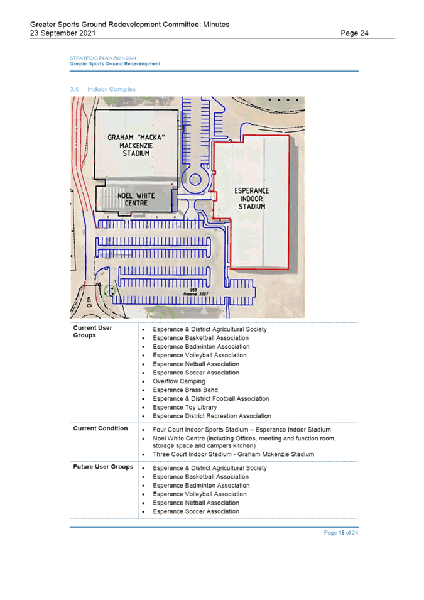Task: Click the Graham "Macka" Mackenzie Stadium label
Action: coord(136,145)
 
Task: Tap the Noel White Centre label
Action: coord(136,199)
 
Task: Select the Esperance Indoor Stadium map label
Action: coord(252,199)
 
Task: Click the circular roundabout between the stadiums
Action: coord(195,179)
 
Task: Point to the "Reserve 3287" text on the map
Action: coord(196,294)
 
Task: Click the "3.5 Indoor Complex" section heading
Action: coord(103,89)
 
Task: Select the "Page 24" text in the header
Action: coord(354,33)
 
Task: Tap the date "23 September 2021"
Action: coord(63,33)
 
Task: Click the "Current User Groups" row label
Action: coord(92,331)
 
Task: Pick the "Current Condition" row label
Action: coord(101,428)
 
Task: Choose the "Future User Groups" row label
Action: coord(103,466)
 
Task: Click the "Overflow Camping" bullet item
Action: coord(178,381)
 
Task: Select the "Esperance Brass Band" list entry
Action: coord(185,390)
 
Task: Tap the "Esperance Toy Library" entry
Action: coord(185,407)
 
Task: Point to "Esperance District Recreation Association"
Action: coord(212,416)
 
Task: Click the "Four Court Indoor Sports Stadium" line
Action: coord(242,430)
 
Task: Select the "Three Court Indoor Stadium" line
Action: coord(234,454)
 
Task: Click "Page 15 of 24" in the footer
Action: coord(341,533)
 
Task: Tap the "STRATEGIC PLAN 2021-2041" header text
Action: coord(103,58)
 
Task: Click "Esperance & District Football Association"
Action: coord(211,399)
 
